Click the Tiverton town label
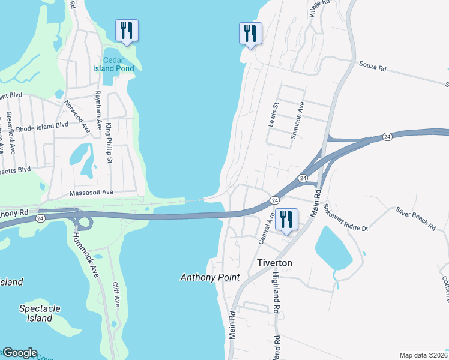click(274, 263)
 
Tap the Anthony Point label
click(210, 277)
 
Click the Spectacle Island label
click(40, 313)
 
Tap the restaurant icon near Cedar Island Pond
click(127, 30)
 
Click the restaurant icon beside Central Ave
click(286, 220)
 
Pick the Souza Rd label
click(372, 66)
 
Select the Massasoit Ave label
click(91, 193)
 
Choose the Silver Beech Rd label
click(415, 219)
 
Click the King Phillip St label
click(109, 143)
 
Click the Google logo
click(20, 353)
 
